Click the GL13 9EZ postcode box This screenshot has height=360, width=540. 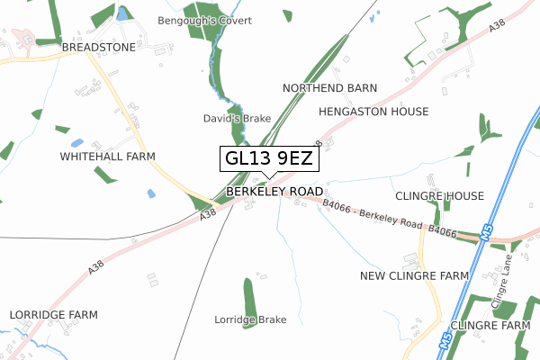[269, 159]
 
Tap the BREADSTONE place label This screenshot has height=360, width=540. [98, 47]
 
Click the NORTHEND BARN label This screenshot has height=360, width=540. [329, 88]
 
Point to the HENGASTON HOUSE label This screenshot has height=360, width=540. [373, 112]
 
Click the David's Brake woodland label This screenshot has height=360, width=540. [238, 119]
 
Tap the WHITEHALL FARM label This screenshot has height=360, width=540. [107, 157]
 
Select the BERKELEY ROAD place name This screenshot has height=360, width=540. [274, 193]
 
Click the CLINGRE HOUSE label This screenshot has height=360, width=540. [439, 196]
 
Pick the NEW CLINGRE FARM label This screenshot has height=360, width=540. [414, 275]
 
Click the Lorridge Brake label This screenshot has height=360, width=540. [250, 319]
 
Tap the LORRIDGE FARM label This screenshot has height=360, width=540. [53, 315]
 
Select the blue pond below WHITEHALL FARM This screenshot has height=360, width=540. [150, 193]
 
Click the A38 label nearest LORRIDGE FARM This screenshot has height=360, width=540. [97, 266]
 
